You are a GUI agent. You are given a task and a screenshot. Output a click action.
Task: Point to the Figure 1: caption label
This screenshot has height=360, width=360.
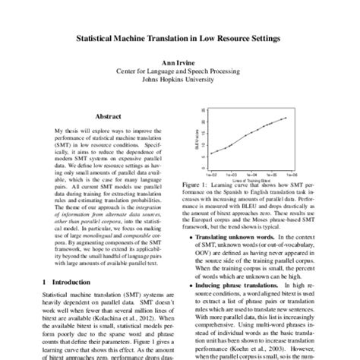[199, 184]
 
